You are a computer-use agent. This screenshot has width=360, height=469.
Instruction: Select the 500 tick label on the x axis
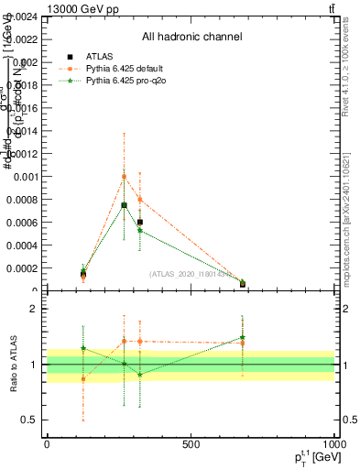coord(191,445)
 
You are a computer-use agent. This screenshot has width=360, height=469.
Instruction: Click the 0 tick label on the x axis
coord(47,445)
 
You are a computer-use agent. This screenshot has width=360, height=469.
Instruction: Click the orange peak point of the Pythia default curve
coord(124,177)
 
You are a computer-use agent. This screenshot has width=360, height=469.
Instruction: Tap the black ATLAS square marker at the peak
coord(124,205)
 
